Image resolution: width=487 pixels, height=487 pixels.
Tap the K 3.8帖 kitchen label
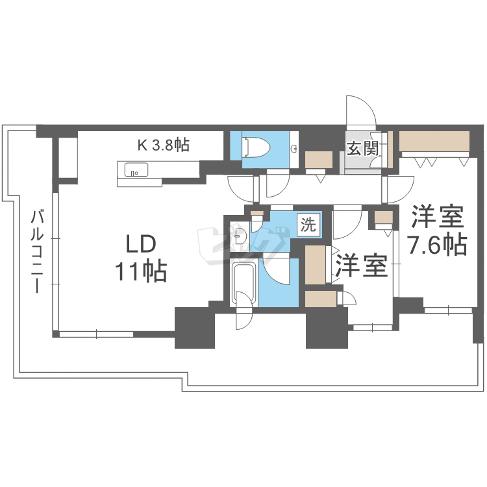(x=163, y=145)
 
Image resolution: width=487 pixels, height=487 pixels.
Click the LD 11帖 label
(x=142, y=258)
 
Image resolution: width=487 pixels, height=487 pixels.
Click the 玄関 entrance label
(x=362, y=149)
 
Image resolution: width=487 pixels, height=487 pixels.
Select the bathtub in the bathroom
(x=243, y=284)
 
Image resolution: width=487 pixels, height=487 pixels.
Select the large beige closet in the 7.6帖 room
(x=434, y=142)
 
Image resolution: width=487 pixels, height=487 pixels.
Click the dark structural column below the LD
(x=194, y=327)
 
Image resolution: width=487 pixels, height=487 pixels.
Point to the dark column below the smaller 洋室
(x=327, y=328)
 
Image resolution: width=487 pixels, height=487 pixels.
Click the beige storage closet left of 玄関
(x=318, y=160)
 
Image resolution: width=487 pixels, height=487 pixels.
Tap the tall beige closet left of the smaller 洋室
(x=317, y=264)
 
